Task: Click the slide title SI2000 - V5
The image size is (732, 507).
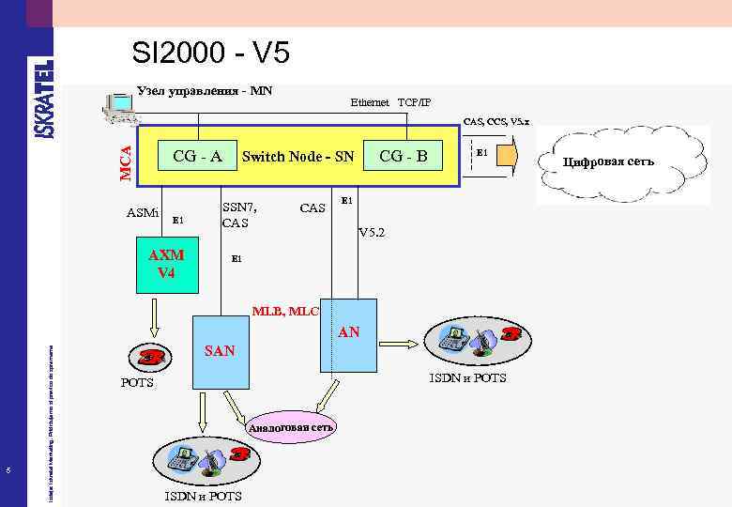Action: (211, 54)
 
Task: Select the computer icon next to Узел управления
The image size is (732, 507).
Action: (119, 109)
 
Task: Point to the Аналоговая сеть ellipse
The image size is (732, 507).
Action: (290, 427)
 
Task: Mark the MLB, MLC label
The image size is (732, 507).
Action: (285, 310)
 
